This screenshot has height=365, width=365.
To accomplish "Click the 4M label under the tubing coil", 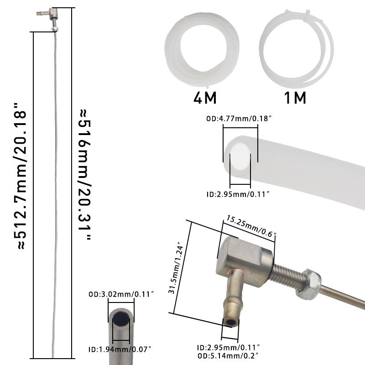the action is coord(205,98).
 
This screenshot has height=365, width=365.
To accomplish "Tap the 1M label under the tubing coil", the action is coord(295,98).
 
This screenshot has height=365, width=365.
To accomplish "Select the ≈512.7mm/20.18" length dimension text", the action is coord(20,176).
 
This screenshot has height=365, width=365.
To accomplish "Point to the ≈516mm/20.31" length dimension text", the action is coord(84,175).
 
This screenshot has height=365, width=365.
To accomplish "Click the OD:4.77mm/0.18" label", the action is coord(239,119).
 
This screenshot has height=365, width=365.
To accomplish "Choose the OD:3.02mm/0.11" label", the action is coord(121,294).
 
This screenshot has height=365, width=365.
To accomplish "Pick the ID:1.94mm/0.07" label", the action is coord(120,349).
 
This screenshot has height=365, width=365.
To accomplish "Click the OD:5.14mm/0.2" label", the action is coord(228,356).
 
